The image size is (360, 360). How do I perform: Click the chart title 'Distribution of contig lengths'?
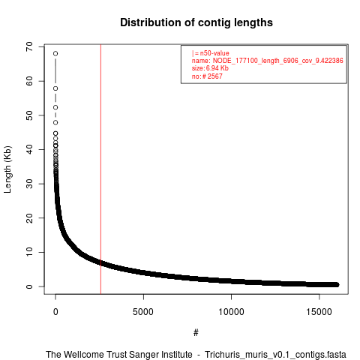(x=196, y=22)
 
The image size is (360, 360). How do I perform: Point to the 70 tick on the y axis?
(x=29, y=46)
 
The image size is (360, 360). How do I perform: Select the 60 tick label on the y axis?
(x=29, y=81)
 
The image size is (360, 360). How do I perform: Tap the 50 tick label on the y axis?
(x=29, y=115)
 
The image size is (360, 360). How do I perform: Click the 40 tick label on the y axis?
(x=29, y=149)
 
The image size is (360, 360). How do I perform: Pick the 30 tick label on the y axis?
(x=29, y=184)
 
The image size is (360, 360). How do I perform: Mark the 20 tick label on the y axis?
(x=29, y=218)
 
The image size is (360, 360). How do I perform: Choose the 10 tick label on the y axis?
(x=29, y=252)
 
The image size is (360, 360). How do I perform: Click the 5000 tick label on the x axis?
(x=143, y=312)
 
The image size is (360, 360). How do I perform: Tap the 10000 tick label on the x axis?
(x=231, y=312)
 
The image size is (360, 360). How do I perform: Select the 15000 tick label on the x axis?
(x=319, y=312)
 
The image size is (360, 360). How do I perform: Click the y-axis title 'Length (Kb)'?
(x=7, y=169)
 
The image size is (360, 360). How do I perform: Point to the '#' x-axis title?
(x=196, y=333)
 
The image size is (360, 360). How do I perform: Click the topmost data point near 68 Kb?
(x=55, y=53)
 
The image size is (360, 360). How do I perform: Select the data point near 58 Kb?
(x=55, y=88)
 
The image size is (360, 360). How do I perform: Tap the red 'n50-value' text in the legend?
(x=214, y=53)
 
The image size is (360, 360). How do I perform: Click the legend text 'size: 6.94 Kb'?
(x=210, y=68)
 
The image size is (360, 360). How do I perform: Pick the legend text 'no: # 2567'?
(x=207, y=76)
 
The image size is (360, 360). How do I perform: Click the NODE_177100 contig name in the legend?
(x=277, y=61)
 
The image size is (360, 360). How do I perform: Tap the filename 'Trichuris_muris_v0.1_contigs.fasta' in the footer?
(x=275, y=355)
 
